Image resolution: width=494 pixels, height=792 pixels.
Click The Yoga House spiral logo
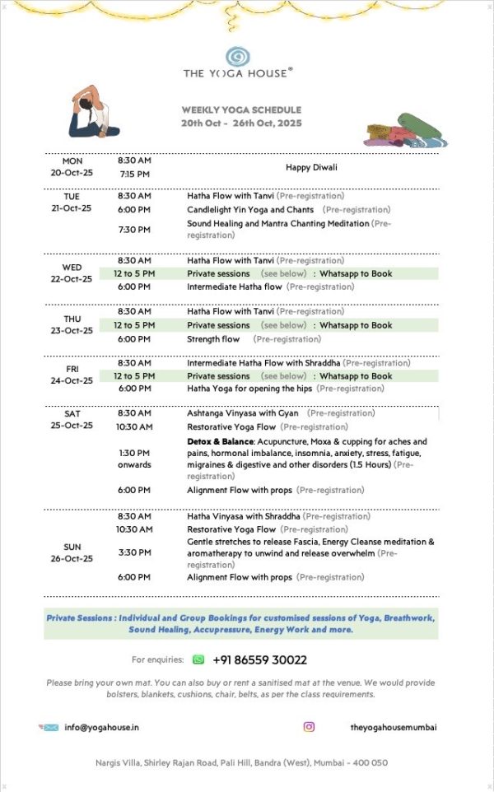[237, 56]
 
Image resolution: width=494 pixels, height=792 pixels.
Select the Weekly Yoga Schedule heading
[241, 109]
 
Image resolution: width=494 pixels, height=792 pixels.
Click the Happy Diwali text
[311, 167]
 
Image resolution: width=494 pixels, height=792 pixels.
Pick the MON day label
[72, 161]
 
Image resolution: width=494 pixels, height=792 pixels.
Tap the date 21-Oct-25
[72, 208]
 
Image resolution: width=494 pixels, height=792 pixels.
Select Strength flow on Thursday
[213, 338]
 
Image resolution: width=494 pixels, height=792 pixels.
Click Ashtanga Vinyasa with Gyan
[242, 413]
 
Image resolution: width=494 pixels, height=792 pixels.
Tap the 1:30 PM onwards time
[133, 459]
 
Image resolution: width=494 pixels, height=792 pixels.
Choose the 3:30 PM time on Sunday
[133, 552]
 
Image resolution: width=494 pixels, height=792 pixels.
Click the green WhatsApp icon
[198, 659]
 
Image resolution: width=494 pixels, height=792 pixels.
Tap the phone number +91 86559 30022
[259, 659]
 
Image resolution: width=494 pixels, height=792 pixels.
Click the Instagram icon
[309, 727]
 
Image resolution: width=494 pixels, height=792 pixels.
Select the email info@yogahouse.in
[101, 728]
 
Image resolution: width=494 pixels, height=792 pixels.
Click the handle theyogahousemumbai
[393, 727]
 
